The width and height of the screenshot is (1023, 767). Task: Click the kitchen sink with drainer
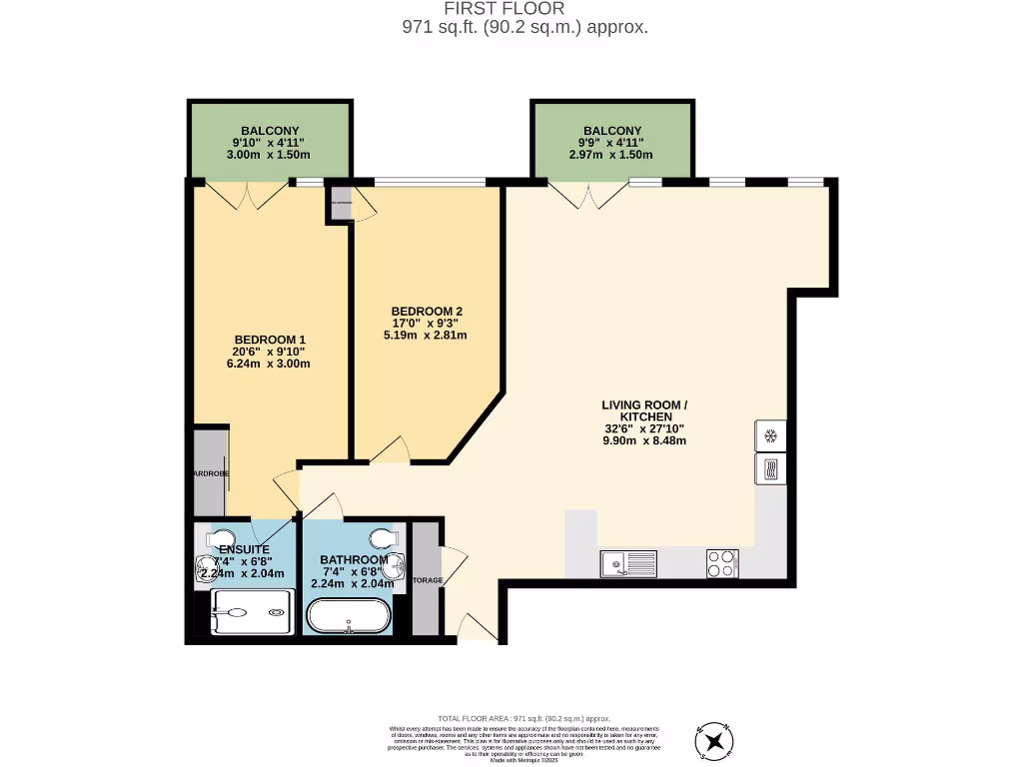point(628,564)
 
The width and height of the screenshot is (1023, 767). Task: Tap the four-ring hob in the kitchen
point(722,564)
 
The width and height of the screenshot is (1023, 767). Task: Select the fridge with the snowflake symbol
point(770,436)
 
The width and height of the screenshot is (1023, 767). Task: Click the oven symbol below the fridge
point(770,469)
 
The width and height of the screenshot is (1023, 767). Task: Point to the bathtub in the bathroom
point(348,615)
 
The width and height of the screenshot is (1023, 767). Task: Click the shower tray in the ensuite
point(253,612)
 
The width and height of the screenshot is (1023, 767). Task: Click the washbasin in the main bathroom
point(398,566)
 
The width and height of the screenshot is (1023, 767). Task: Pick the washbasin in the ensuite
point(206,566)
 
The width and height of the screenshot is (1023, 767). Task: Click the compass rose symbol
point(714,741)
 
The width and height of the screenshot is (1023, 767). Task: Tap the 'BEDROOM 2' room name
point(426,311)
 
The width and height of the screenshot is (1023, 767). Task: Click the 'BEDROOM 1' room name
point(268,340)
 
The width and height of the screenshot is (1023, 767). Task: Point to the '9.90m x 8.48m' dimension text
point(643,440)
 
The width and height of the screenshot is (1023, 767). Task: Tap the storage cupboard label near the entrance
point(427,580)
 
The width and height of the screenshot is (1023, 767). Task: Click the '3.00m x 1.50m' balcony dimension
point(269,155)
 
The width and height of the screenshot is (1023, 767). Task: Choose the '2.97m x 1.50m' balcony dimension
point(610,155)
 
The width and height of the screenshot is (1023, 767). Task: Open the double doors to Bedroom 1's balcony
point(249,195)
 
